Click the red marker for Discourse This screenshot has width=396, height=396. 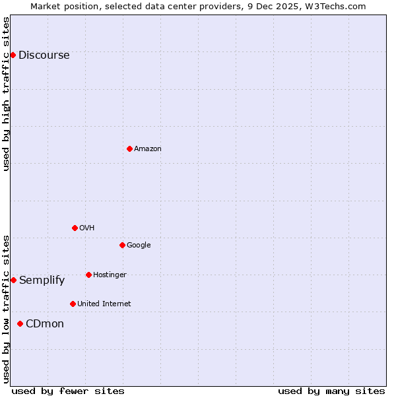pyautogui.click(x=13, y=55)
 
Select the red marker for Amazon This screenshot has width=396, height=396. pyautogui.click(x=129, y=148)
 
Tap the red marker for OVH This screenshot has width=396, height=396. pyautogui.click(x=75, y=228)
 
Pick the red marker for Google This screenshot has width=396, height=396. pyautogui.click(x=122, y=245)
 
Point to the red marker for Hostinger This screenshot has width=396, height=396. pyautogui.click(x=88, y=275)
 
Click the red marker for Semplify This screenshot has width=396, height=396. pyautogui.click(x=13, y=280)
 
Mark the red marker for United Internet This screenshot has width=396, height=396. pyautogui.click(x=73, y=304)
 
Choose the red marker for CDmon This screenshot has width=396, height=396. pyautogui.click(x=20, y=323)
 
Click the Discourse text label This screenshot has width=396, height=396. pyautogui.click(x=44, y=55)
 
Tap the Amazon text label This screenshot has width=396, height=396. pyautogui.click(x=147, y=148)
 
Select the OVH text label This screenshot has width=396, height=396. pyautogui.click(x=86, y=228)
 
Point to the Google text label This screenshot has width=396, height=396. pyautogui.click(x=139, y=245)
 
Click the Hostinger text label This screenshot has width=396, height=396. pyautogui.click(x=110, y=275)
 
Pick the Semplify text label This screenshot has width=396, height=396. pyautogui.click(x=42, y=280)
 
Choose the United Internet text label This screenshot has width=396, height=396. pyautogui.click(x=104, y=304)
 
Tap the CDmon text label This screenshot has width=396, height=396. pyautogui.click(x=44, y=323)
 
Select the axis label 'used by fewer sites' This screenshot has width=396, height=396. pyautogui.click(x=68, y=391)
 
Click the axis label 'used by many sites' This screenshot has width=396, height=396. pyautogui.click(x=331, y=391)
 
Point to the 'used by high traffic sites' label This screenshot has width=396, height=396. pyautogui.click(x=6, y=94)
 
